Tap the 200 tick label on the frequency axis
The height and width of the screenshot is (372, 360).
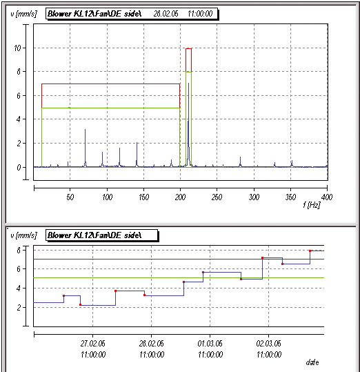(180, 197)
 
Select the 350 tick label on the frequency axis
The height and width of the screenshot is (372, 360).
(290, 197)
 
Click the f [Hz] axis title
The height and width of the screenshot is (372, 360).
(312, 205)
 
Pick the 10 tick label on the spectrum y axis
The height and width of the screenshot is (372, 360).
(17, 48)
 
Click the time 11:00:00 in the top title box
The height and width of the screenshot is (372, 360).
(200, 14)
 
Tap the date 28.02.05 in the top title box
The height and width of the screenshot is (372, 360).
(166, 14)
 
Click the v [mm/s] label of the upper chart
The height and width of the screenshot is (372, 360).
(23, 14)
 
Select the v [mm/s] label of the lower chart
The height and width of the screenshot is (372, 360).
(23, 235)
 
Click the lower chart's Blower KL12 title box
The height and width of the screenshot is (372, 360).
(102, 235)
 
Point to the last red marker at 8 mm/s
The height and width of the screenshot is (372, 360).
(310, 251)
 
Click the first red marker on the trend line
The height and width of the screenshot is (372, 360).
(63, 295)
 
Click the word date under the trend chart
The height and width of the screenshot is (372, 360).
(312, 362)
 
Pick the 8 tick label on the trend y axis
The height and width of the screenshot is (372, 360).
(19, 250)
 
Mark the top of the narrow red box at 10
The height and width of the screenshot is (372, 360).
(189, 48)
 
